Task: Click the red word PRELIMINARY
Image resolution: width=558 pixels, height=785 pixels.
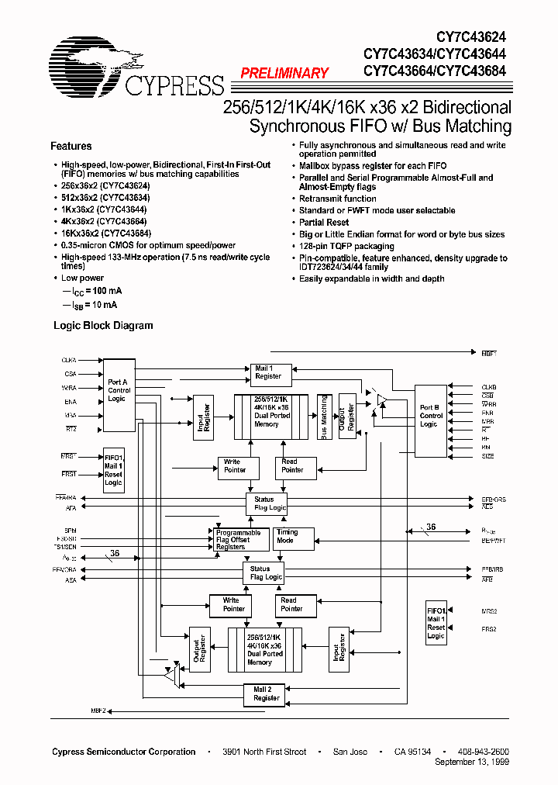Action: tap(284, 73)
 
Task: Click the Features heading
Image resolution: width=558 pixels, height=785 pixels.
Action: tap(71, 146)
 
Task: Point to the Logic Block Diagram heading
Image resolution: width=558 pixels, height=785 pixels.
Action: tap(103, 326)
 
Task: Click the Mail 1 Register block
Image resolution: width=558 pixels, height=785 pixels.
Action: tap(269, 372)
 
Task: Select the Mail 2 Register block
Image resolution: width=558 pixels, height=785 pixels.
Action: tap(267, 693)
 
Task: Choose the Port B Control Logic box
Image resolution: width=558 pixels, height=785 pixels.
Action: tap(431, 416)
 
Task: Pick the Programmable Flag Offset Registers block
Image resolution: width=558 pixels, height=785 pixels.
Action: tap(238, 540)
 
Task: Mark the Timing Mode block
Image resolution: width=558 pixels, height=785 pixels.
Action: tap(294, 537)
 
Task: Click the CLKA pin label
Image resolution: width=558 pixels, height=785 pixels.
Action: tap(70, 361)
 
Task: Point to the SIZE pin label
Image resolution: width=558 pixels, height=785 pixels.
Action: tap(488, 456)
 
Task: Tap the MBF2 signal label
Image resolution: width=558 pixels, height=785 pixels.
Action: tap(98, 711)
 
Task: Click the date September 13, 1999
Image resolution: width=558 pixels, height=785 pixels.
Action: tap(473, 763)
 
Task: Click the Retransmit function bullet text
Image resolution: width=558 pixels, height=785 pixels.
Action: tap(338, 199)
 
